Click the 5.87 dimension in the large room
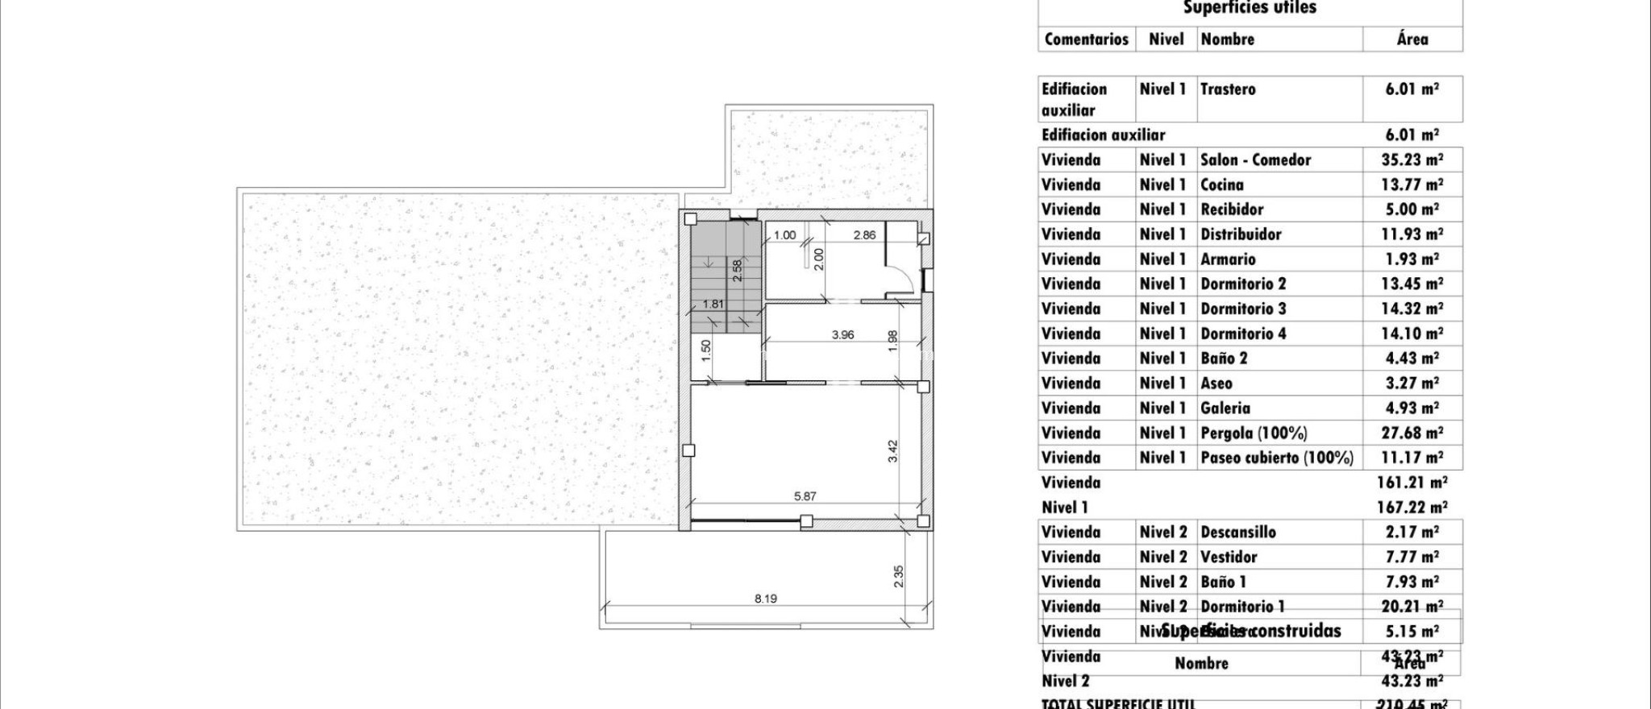click(x=805, y=496)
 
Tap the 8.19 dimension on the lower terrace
click(x=765, y=599)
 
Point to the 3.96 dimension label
click(x=842, y=334)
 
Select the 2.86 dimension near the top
click(x=864, y=235)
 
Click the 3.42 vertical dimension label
click(x=892, y=450)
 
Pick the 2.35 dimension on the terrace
click(x=899, y=575)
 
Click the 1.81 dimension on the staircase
click(x=713, y=304)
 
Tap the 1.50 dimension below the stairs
click(x=706, y=348)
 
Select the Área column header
click(x=1412, y=39)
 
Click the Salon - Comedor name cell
click(x=1255, y=160)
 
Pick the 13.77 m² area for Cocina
click(x=1412, y=185)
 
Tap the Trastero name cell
click(x=1228, y=89)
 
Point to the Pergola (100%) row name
click(x=1254, y=433)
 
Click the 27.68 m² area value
click(x=1412, y=433)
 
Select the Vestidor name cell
click(x=1229, y=557)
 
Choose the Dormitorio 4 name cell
click(x=1243, y=334)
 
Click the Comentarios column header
click(x=1086, y=39)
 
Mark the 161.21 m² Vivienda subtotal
click(x=1412, y=483)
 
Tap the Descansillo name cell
click(x=1237, y=532)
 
